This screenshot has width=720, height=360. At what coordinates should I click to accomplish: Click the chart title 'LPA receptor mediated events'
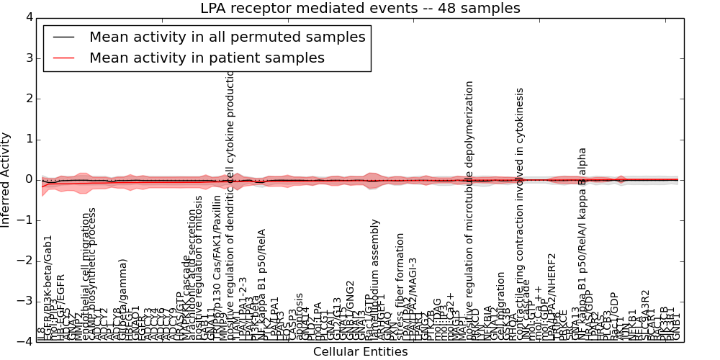click(x=360, y=9)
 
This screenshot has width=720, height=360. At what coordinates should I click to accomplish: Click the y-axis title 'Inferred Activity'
click(x=6, y=180)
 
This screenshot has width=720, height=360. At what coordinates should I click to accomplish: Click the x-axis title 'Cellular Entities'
click(x=360, y=352)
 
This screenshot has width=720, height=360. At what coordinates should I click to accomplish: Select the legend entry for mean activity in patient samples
click(x=207, y=58)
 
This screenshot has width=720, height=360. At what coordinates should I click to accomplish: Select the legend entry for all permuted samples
click(x=227, y=37)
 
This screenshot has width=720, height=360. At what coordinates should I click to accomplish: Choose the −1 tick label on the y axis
click(x=26, y=220)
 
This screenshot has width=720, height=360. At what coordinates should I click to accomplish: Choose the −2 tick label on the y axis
click(x=26, y=261)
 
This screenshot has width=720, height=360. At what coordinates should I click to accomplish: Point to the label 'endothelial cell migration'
click(x=86, y=274)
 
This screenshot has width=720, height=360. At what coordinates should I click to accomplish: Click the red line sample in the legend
click(x=63, y=58)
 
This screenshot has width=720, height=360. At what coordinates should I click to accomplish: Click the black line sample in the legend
click(x=63, y=37)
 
